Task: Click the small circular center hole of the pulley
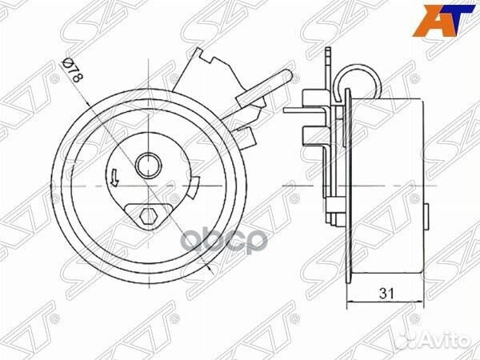click(147, 166)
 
